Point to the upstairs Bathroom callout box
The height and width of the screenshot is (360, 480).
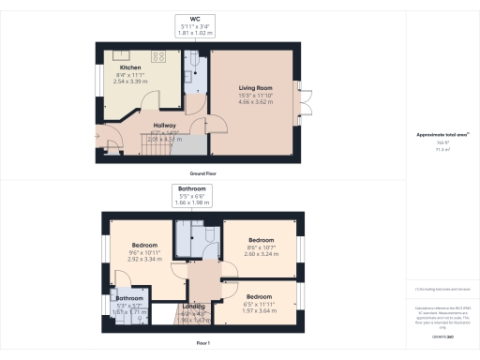click(x=191, y=194)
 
